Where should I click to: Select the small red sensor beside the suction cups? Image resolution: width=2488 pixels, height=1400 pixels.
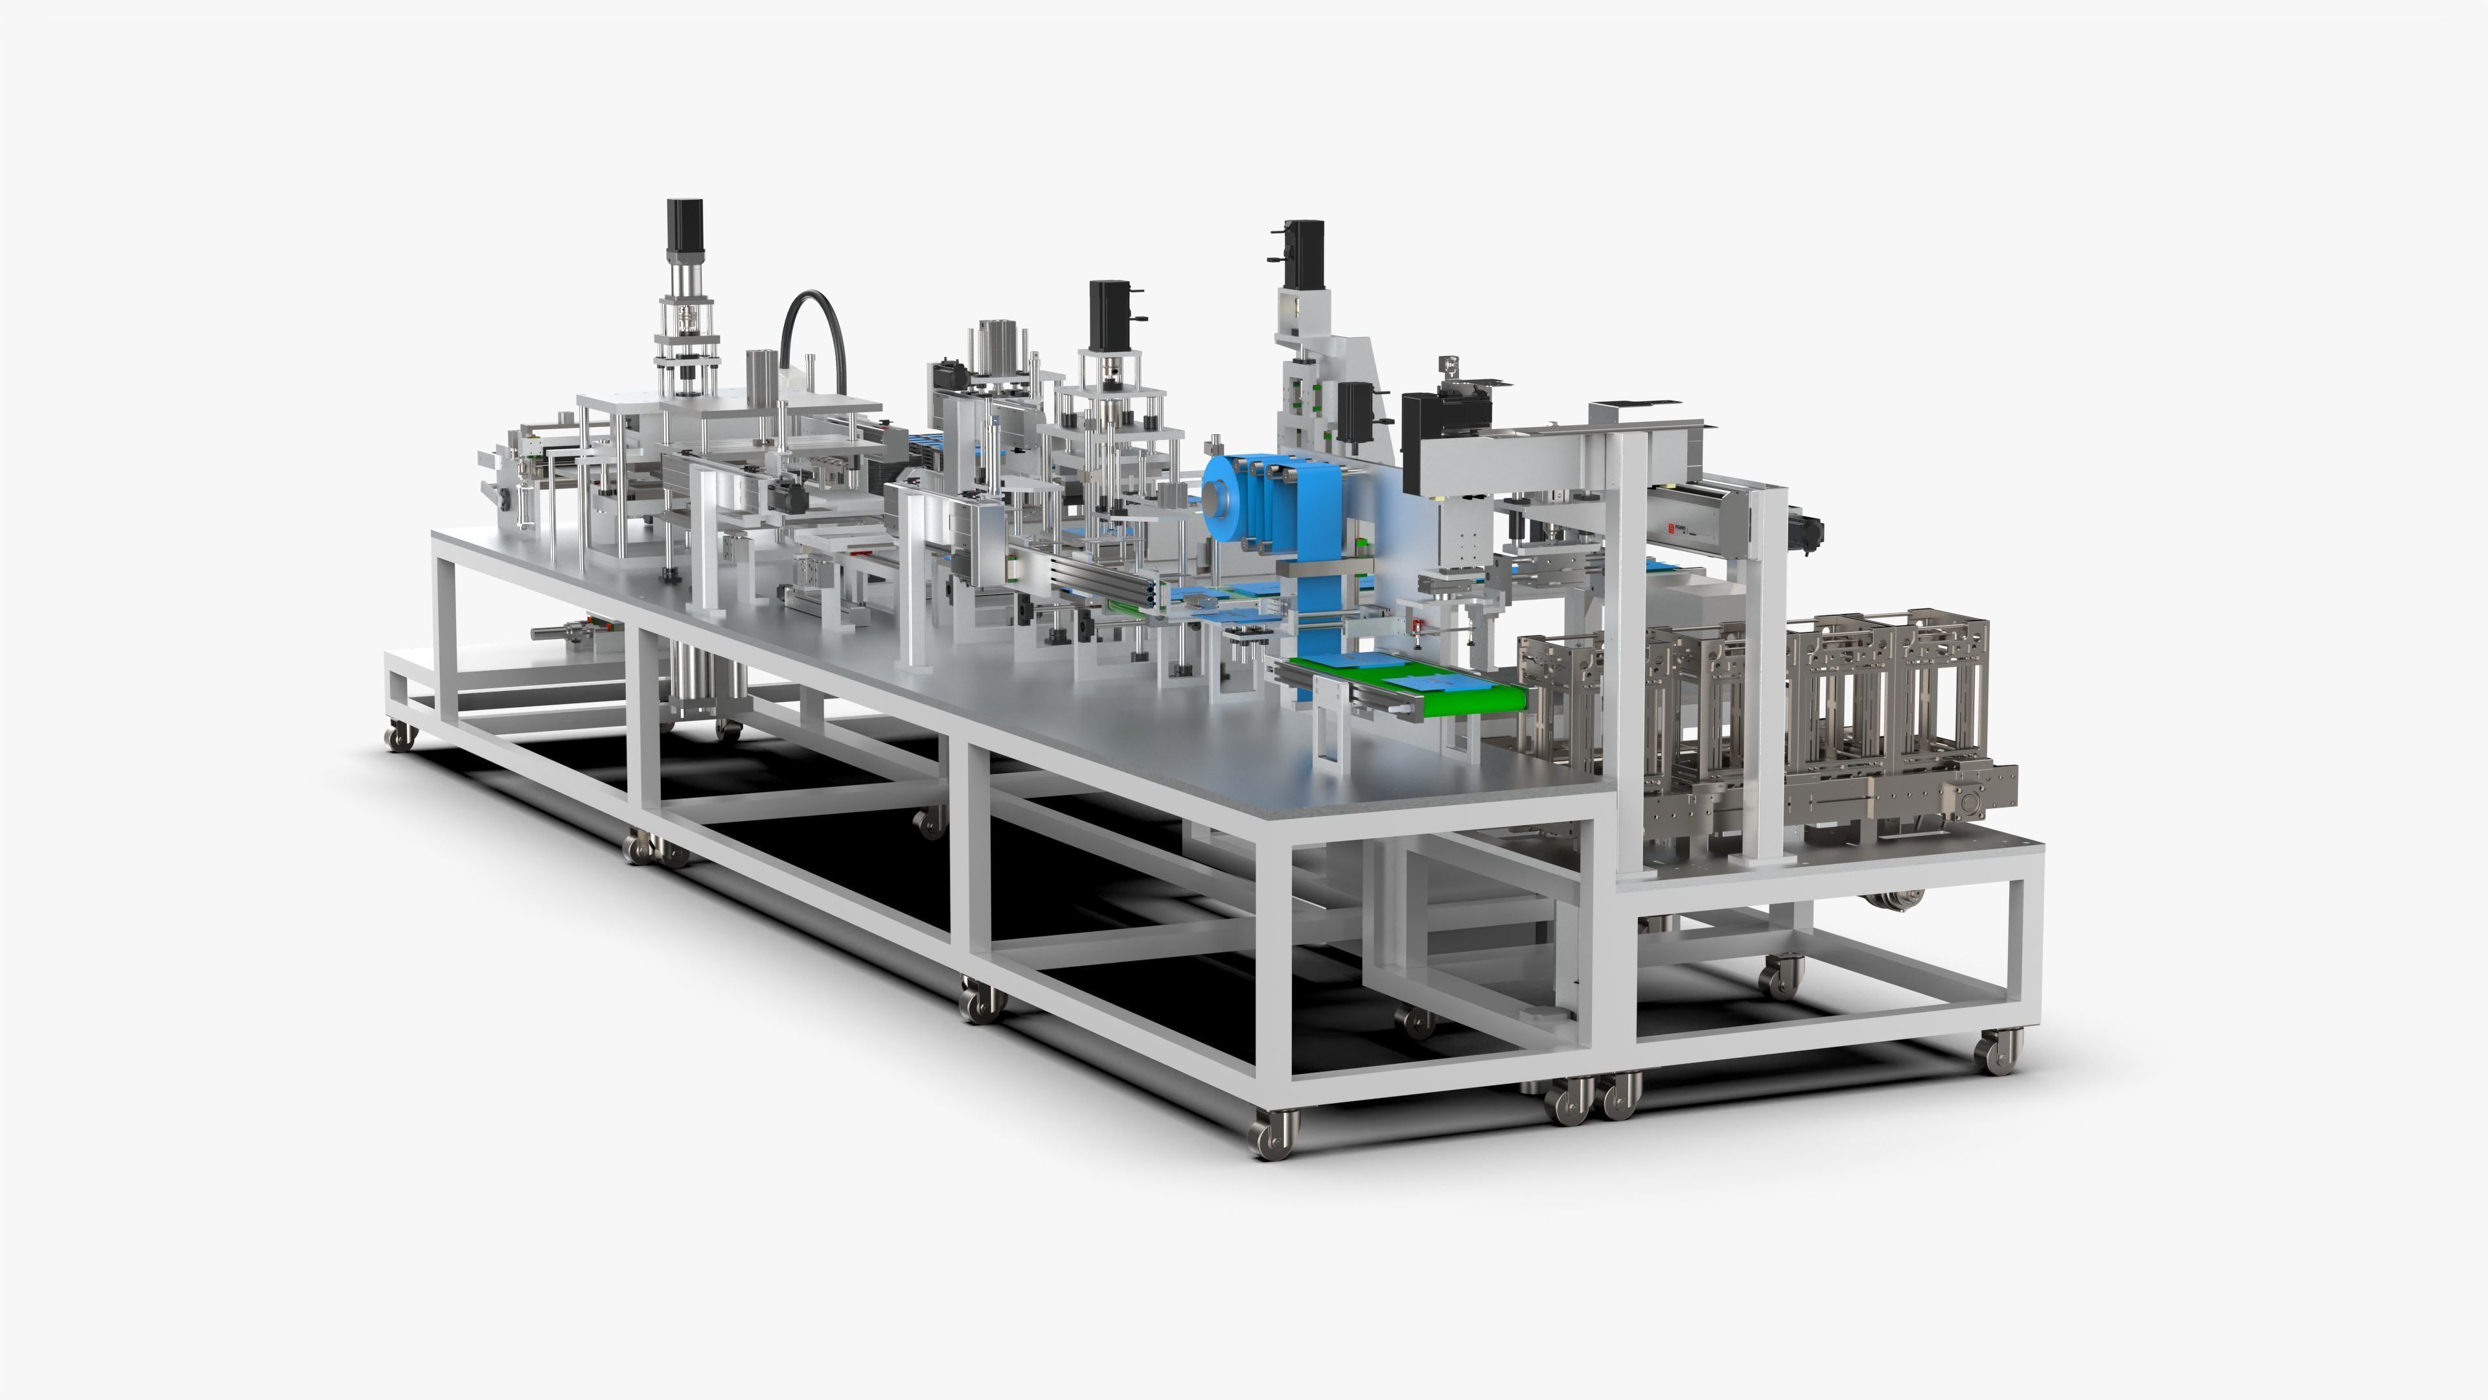point(1417,629)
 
